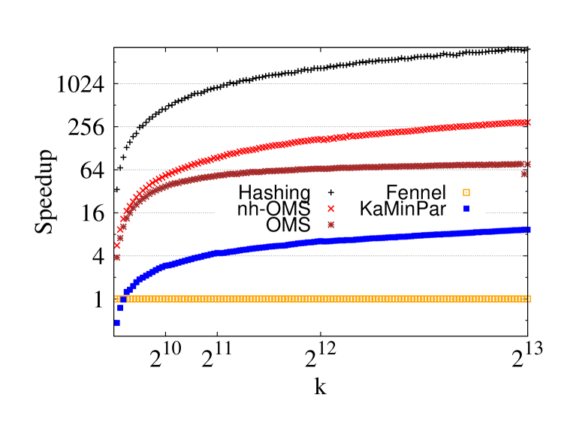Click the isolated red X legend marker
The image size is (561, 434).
point(330,209)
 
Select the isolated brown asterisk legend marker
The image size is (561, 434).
point(330,225)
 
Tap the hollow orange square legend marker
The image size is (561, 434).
point(466,193)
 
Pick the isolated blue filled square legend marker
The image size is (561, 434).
point(466,208)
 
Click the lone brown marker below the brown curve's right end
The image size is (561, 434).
point(524,174)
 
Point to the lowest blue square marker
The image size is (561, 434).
point(117,323)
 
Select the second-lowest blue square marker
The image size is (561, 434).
point(120,308)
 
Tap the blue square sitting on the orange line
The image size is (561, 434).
point(123,299)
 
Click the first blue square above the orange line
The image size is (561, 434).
point(126,291)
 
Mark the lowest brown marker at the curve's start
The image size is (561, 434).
point(117,257)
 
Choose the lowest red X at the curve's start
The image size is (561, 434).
point(117,245)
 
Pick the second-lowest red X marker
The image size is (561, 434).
point(120,230)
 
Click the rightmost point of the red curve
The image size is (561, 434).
point(529,122)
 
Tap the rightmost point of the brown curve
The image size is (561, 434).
point(529,164)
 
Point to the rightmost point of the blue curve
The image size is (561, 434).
point(529,230)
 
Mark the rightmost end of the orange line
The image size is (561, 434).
point(529,299)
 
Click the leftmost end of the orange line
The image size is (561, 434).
point(117,299)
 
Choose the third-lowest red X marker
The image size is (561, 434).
point(123,219)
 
